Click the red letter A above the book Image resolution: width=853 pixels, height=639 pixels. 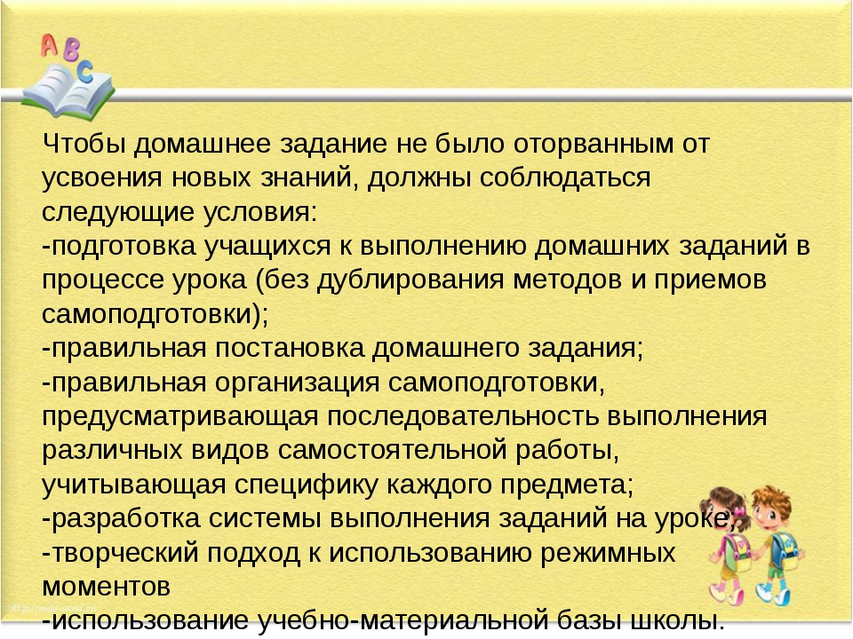coord(49,44)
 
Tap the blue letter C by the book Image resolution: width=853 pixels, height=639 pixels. coord(85,72)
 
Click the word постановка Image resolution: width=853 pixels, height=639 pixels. coord(290,349)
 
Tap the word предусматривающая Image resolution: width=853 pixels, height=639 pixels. coord(180,417)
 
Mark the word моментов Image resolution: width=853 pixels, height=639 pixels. coord(106,588)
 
